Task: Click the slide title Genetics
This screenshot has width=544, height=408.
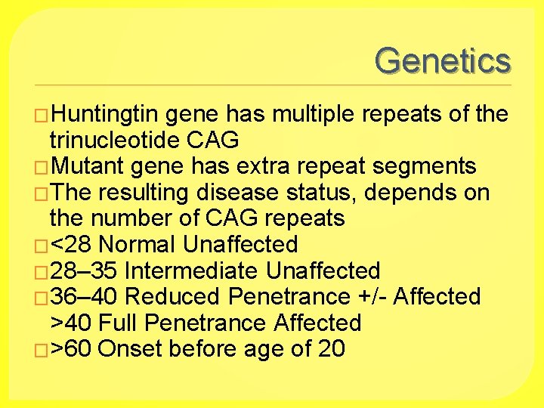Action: pos(443,60)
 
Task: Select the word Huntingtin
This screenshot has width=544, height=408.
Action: pos(105,115)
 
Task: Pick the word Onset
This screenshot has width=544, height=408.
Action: pos(130,349)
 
